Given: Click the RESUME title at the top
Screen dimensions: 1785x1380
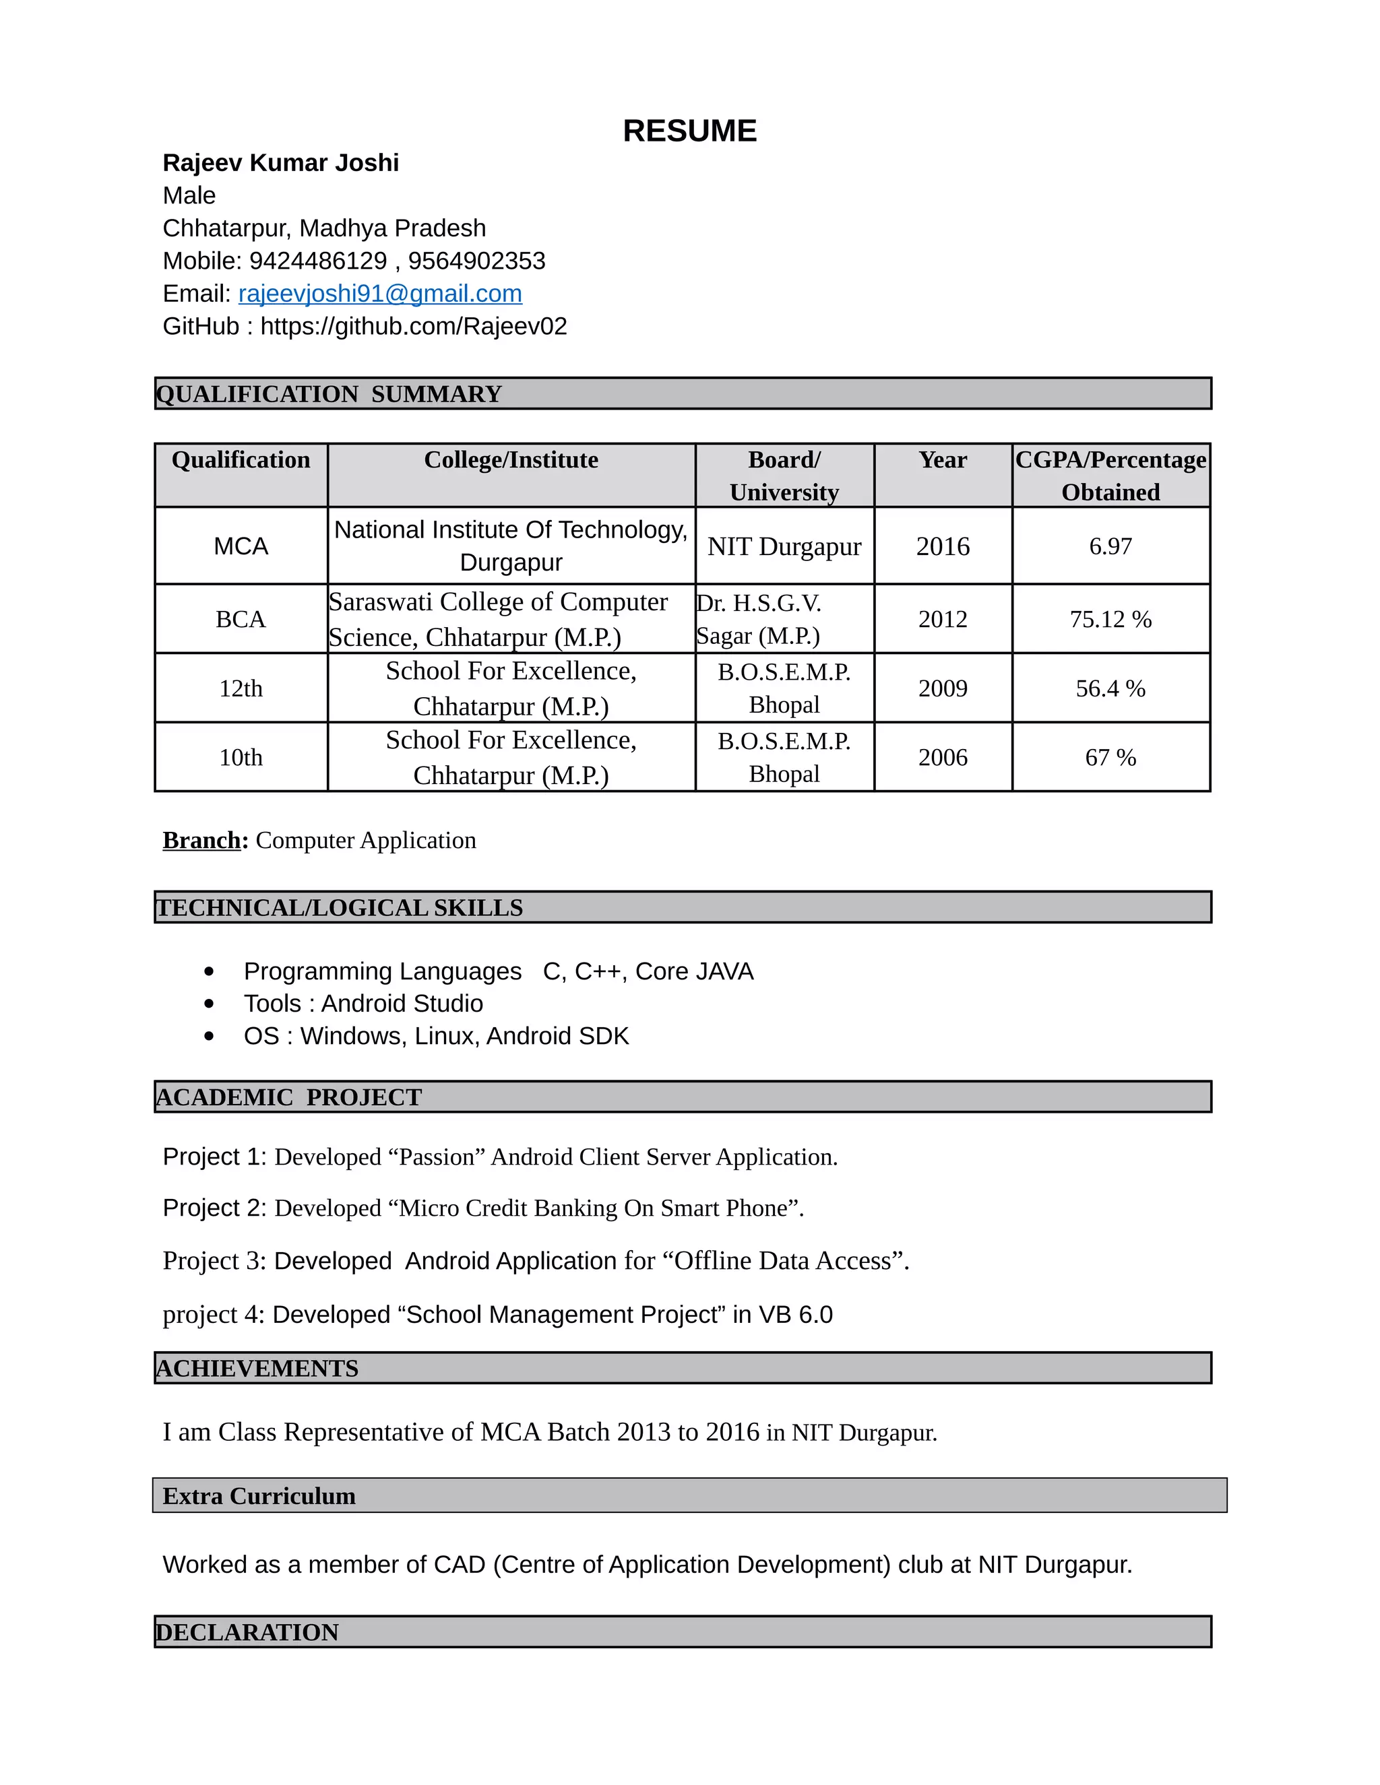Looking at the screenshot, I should [689, 131].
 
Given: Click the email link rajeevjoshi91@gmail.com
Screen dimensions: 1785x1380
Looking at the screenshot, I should [380, 294].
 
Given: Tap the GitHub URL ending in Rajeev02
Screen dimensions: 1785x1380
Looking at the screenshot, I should [413, 326].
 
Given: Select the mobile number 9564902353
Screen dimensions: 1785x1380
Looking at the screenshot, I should [476, 261].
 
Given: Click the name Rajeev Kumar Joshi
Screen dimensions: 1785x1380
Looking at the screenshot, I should [280, 162].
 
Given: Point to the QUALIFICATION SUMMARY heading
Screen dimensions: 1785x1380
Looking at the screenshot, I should [329, 394].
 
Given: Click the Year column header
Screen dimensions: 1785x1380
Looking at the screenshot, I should [943, 460].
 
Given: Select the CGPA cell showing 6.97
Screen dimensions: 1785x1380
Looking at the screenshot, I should [1110, 546].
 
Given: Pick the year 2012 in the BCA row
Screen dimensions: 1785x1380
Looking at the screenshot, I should [943, 619].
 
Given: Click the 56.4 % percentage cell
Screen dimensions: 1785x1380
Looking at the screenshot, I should [1110, 688].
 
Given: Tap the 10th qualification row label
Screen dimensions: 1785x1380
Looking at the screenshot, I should [241, 758].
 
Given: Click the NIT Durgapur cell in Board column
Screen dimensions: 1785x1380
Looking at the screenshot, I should [784, 546].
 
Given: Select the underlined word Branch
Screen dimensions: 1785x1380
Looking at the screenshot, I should [201, 840].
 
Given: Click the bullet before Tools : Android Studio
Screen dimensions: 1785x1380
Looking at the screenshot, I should [210, 1004].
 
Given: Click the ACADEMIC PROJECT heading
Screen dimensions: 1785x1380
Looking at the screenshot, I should [288, 1097].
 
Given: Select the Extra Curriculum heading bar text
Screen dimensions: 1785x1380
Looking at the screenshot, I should [259, 1495].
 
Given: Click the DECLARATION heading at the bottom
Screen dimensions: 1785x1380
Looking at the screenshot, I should [247, 1632].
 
